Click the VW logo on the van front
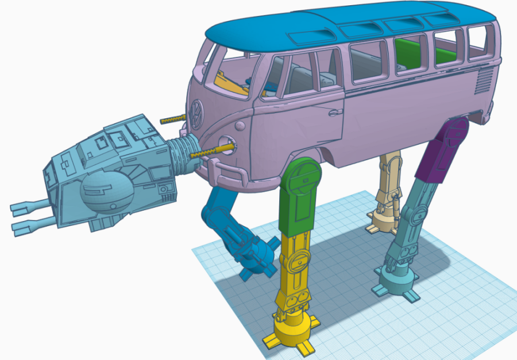197,113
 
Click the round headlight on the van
227,144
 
